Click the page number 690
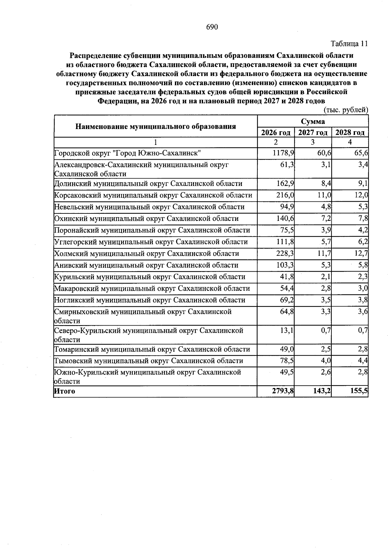[212, 27]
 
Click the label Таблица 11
[349, 44]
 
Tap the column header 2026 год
[275, 133]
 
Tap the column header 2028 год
[350, 133]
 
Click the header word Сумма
[313, 122]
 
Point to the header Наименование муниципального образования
[156, 126]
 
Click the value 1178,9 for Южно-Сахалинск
[283, 153]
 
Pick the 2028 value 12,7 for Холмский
[361, 254]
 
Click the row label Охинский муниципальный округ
[146, 219]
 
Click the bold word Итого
[64, 391]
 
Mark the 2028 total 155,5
[359, 391]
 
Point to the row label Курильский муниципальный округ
[149, 277]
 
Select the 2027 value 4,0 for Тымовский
[326, 361]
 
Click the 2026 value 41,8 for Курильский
[287, 277]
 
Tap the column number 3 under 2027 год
[313, 142]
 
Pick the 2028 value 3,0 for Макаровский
[363, 288]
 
